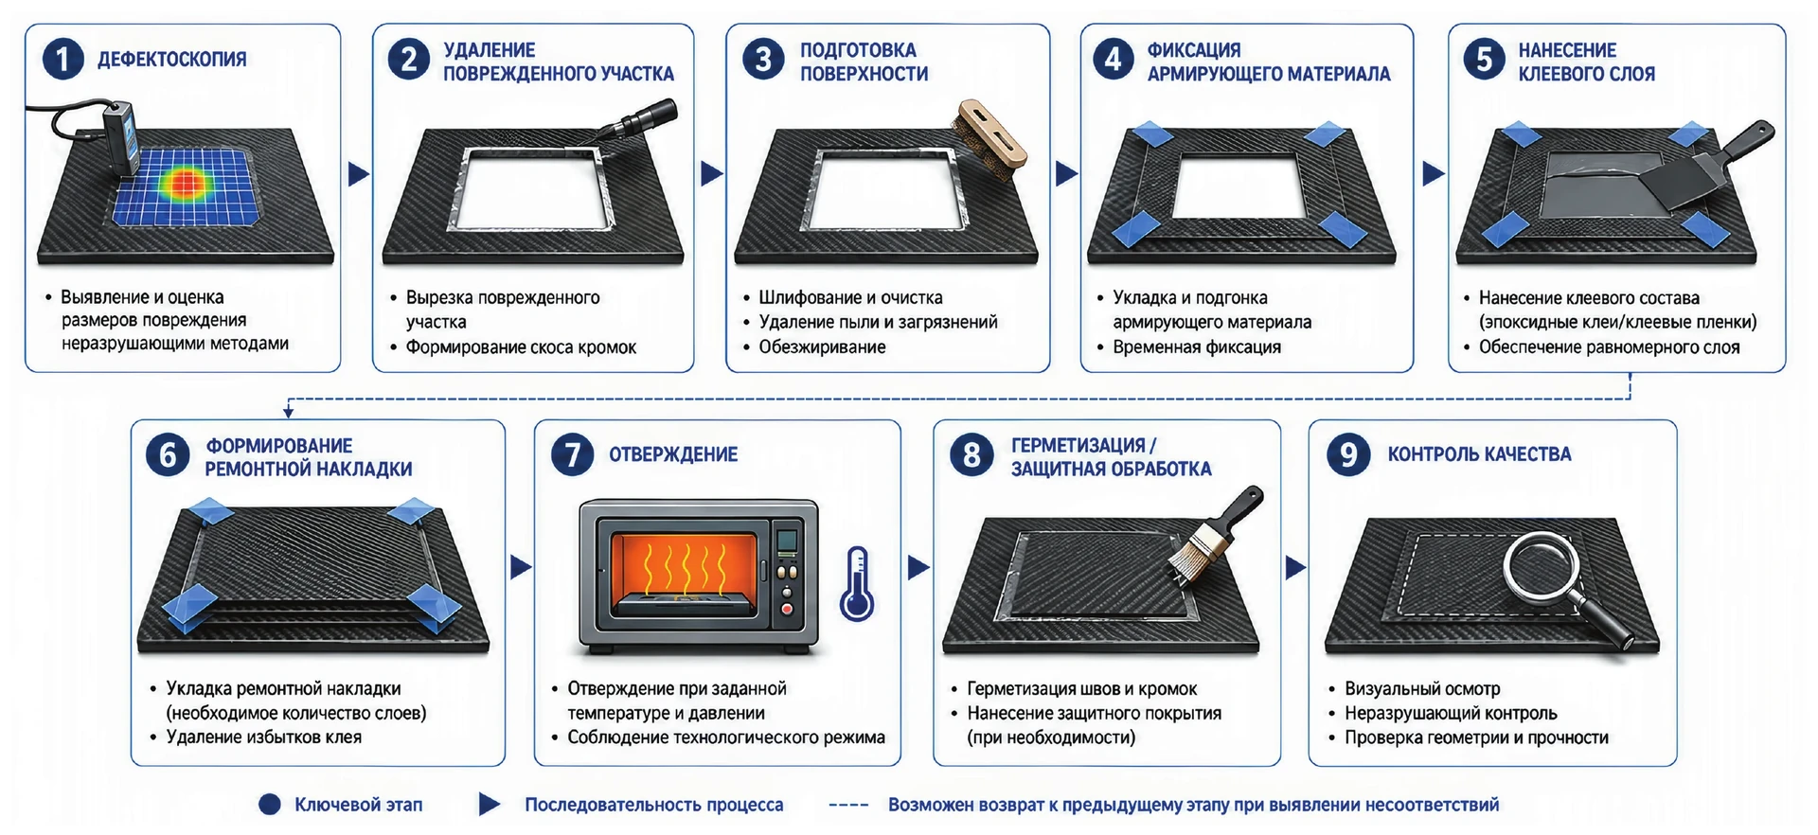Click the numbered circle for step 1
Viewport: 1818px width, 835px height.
coord(62,60)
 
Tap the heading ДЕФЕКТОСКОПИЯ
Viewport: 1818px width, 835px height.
coord(172,60)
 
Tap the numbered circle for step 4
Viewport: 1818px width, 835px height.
coord(1114,60)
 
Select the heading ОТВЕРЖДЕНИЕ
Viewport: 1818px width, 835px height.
coord(673,454)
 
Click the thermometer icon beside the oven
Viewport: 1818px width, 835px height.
coord(857,583)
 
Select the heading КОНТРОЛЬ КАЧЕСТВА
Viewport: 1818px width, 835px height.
coord(1479,454)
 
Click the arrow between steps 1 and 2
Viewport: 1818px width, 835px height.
coord(358,174)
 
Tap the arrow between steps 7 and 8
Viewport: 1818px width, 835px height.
coord(918,568)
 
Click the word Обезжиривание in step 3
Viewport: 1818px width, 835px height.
coord(822,347)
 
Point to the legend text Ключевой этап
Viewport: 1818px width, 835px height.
coord(358,805)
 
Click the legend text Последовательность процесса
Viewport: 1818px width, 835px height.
coord(654,805)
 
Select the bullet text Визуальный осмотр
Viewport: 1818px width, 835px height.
coord(1422,688)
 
